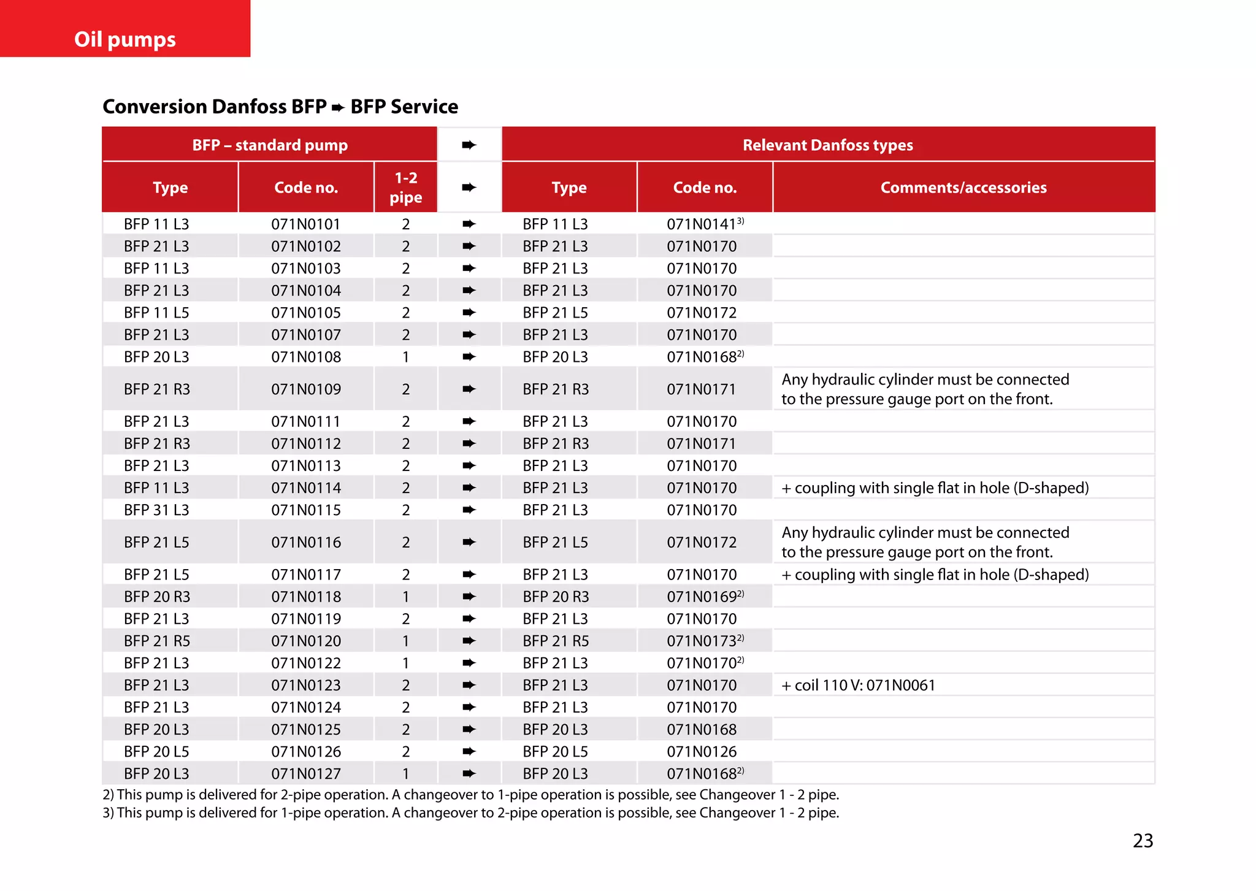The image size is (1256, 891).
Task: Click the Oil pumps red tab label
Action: click(125, 39)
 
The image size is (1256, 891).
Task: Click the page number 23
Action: click(1143, 840)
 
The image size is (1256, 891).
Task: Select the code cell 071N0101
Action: click(305, 224)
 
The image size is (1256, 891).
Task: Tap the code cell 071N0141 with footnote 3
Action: click(705, 224)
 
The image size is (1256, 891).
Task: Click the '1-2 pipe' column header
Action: click(405, 188)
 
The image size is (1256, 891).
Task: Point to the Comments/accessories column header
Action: click(963, 188)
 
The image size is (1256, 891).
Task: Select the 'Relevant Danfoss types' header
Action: click(827, 145)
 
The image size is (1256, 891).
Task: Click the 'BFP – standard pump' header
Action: click(270, 145)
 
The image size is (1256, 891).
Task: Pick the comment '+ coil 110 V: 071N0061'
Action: click(858, 685)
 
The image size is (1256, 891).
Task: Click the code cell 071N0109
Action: click(305, 389)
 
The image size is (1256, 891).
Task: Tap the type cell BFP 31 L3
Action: click(156, 510)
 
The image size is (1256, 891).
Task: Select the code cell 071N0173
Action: click(705, 641)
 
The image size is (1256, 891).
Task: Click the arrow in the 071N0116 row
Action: click(469, 542)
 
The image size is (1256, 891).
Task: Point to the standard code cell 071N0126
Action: click(305, 751)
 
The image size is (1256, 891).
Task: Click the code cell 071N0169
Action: click(705, 597)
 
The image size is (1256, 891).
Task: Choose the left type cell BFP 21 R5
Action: click(156, 641)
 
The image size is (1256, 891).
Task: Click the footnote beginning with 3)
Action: click(470, 813)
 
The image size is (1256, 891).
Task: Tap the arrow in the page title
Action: click(338, 108)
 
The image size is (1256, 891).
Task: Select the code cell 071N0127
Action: click(305, 773)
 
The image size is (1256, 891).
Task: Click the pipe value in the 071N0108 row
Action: click(405, 357)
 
